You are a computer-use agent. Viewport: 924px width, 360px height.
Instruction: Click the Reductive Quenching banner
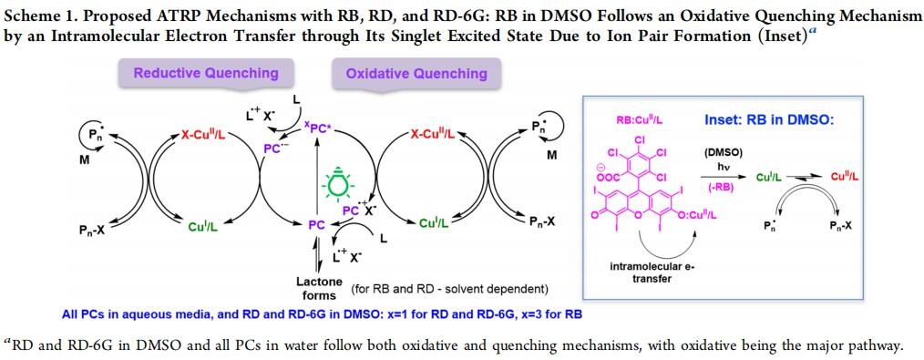click(206, 74)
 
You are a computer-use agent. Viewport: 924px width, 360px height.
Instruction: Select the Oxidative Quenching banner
click(416, 74)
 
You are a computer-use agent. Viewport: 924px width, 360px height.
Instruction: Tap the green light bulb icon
click(337, 184)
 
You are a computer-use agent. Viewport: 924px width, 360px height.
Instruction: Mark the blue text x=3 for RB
click(554, 314)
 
